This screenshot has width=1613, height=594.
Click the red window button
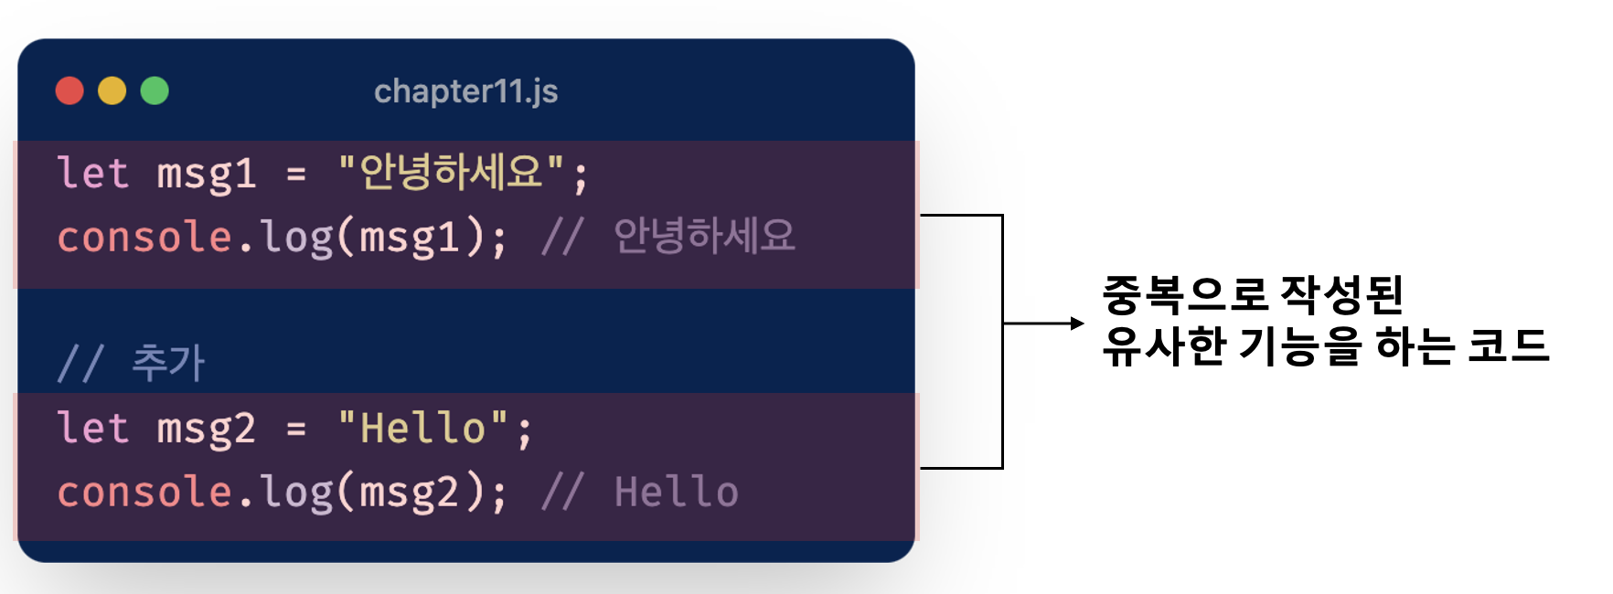click(x=69, y=91)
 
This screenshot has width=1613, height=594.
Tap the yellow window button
click(x=112, y=91)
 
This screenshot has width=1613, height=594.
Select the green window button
click(x=155, y=91)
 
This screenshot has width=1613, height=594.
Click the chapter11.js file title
click(x=465, y=91)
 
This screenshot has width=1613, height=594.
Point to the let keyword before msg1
click(x=92, y=173)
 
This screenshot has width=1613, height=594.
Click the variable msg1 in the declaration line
click(x=206, y=175)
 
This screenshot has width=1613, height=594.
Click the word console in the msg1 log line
click(x=144, y=238)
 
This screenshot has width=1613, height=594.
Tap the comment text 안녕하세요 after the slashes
click(x=704, y=236)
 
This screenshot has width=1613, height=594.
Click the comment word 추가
click(x=168, y=363)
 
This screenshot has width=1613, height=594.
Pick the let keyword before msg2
click(x=92, y=428)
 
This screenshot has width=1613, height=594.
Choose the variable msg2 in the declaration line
click(x=206, y=430)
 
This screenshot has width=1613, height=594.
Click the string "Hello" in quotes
click(x=422, y=428)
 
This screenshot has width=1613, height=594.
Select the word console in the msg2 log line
click(x=144, y=493)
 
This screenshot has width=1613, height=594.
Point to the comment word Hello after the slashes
click(x=676, y=493)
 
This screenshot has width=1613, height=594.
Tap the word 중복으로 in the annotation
click(x=1184, y=294)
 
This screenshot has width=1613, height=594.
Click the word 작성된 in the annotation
click(x=1341, y=294)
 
